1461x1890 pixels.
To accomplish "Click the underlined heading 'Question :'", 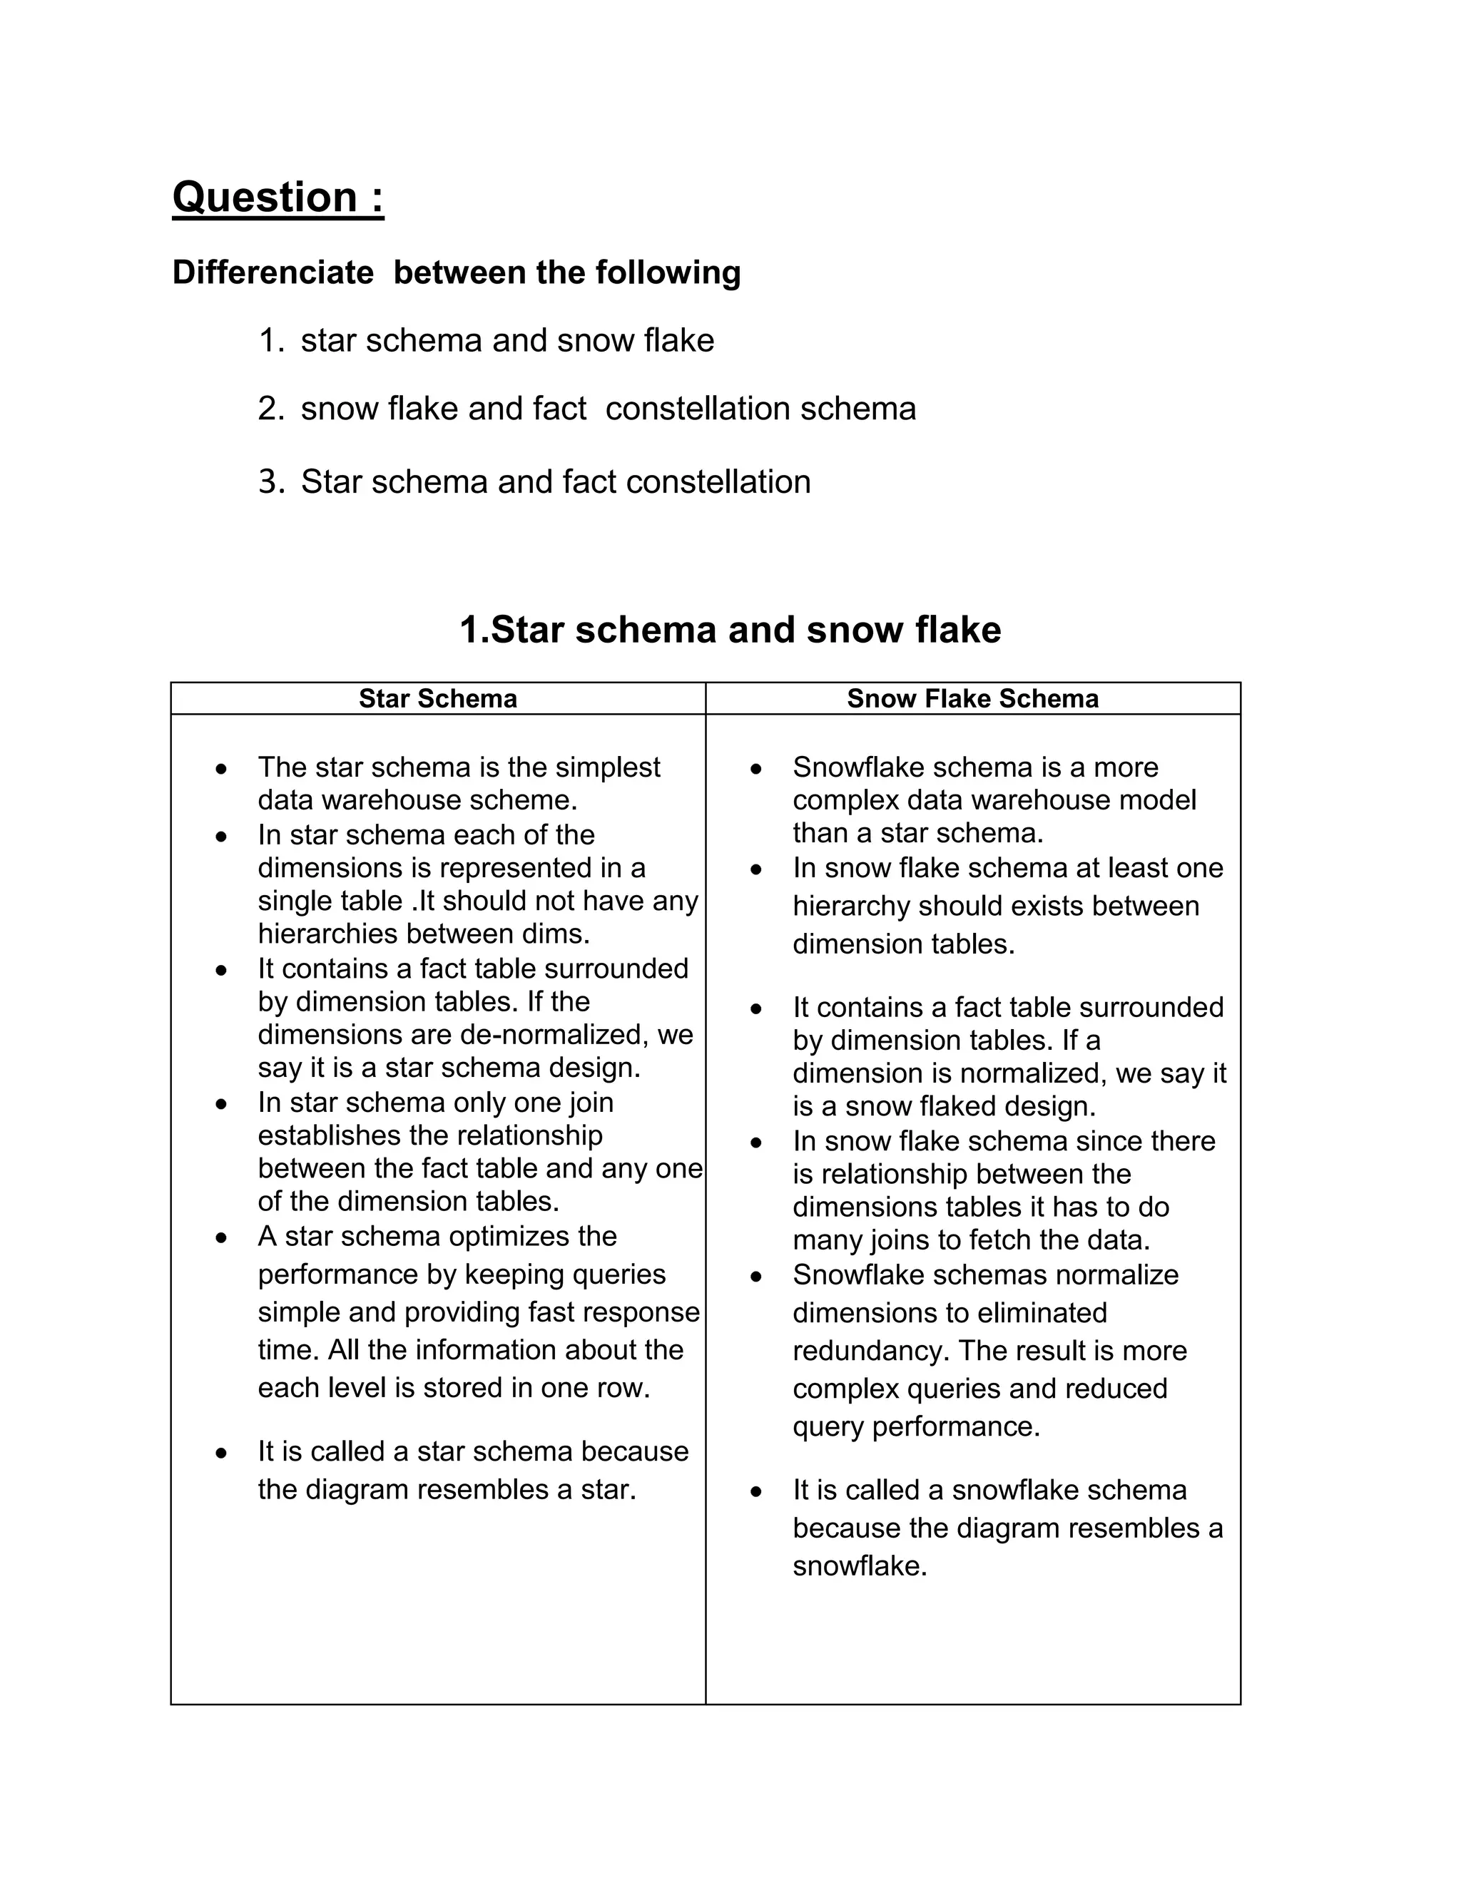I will pos(277,198).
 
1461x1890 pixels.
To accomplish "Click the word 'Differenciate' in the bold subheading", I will pos(273,272).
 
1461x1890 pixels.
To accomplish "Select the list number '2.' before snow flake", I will pos(271,409).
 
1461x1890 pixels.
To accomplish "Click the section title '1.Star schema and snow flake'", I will pos(730,630).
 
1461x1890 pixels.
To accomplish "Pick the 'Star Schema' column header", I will pos(438,698).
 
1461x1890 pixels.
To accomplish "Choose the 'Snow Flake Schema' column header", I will pos(972,698).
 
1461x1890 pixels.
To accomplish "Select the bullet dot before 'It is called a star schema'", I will pos(223,1453).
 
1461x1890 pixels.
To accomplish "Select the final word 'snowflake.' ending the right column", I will pos(860,1566).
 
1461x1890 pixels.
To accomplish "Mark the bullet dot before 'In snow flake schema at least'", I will pos(756,869).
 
